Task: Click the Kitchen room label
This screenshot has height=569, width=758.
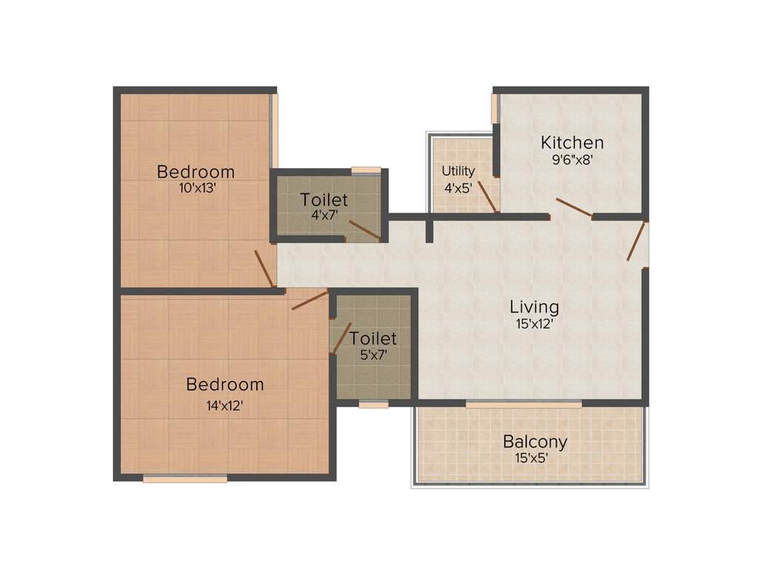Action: pos(571,142)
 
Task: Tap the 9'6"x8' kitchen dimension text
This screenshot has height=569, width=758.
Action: pos(571,159)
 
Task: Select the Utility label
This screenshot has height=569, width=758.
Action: pos(458,171)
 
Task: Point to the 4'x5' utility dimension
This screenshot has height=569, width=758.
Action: pos(457,187)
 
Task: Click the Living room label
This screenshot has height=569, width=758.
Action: pos(534,306)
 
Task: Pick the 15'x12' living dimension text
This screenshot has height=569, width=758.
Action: pos(534,323)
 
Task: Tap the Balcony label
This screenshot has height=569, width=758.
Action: pos(534,442)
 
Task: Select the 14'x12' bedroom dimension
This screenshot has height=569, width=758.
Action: pos(224,405)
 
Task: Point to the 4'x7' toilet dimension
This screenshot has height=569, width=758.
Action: pos(323,216)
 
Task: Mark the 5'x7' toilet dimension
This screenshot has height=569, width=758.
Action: pos(373,354)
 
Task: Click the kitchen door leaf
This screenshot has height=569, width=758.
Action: pos(574,207)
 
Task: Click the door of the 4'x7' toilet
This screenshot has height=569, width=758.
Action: pos(364,230)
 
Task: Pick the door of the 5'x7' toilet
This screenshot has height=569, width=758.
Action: pos(341,338)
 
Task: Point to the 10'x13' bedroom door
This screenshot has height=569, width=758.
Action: pos(264,268)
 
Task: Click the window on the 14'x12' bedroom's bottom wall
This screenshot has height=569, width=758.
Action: pos(184,479)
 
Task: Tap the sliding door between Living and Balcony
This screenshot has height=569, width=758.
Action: pos(523,405)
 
